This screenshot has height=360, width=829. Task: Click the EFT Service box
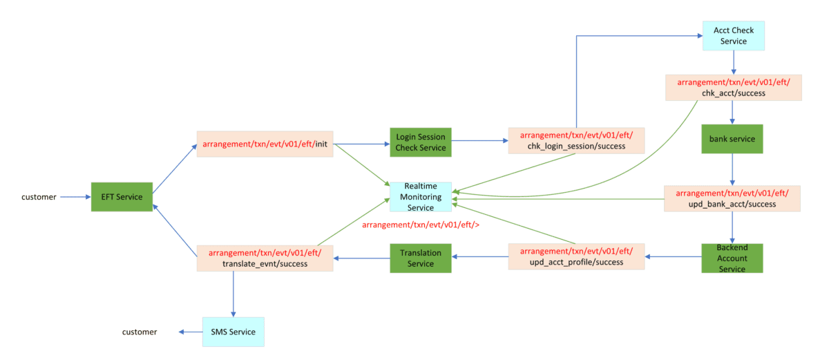click(122, 197)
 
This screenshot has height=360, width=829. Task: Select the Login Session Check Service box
click(421, 142)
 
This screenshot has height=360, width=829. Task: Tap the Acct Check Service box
click(733, 35)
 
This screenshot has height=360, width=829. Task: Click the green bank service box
click(732, 139)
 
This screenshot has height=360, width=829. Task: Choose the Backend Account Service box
click(732, 258)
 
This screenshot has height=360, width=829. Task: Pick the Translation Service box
click(420, 258)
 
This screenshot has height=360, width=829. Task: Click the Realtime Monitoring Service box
click(420, 198)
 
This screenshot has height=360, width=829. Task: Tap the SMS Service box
click(233, 332)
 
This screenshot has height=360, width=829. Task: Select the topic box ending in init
click(265, 144)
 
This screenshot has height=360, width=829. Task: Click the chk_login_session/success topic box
click(576, 140)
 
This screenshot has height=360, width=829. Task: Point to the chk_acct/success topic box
click(733, 88)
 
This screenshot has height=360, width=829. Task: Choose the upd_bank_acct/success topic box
click(732, 198)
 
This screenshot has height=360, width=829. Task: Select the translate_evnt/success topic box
click(265, 258)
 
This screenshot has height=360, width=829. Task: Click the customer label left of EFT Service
click(39, 197)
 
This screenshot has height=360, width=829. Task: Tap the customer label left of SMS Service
click(140, 332)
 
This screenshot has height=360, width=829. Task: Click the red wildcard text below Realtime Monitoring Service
click(421, 225)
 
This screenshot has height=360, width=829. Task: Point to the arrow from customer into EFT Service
click(75, 197)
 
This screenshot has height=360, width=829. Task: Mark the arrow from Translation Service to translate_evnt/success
click(362, 258)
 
